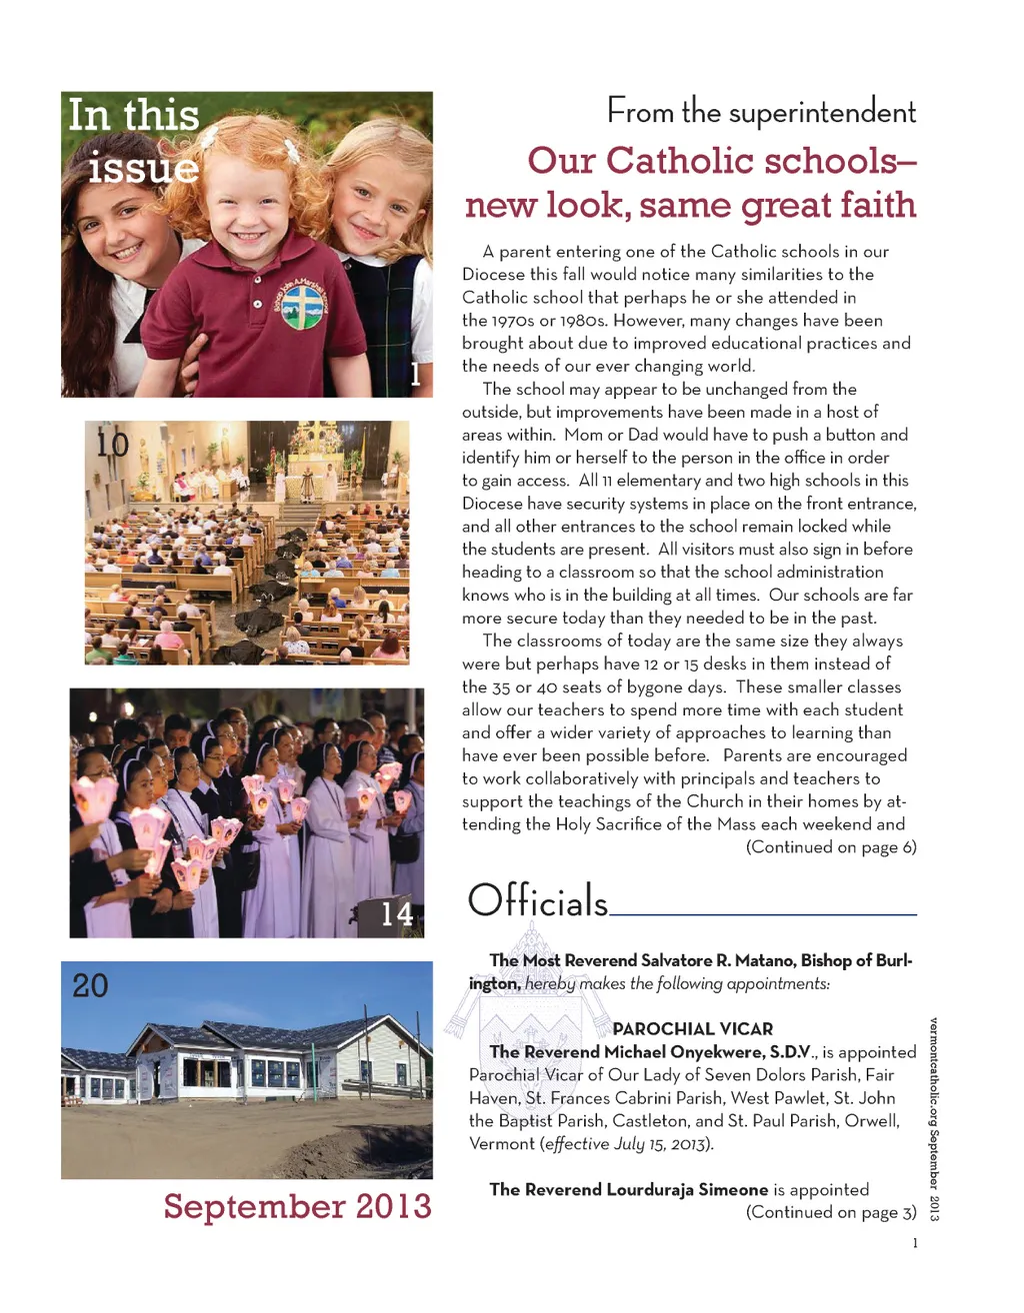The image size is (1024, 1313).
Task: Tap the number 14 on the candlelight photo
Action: [397, 913]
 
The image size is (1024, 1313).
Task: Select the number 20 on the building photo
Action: [90, 986]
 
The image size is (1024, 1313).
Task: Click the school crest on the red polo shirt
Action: [301, 305]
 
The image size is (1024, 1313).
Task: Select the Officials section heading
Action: [538, 901]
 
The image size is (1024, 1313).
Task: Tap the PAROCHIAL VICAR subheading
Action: [692, 1028]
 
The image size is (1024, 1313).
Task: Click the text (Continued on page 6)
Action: [831, 847]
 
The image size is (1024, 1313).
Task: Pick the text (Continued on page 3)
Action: [831, 1212]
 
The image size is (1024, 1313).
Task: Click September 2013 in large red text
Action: [297, 1206]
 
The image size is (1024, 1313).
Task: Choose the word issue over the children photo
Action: [143, 168]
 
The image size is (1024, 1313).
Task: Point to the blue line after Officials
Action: [762, 913]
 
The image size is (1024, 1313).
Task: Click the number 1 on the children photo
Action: [416, 375]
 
